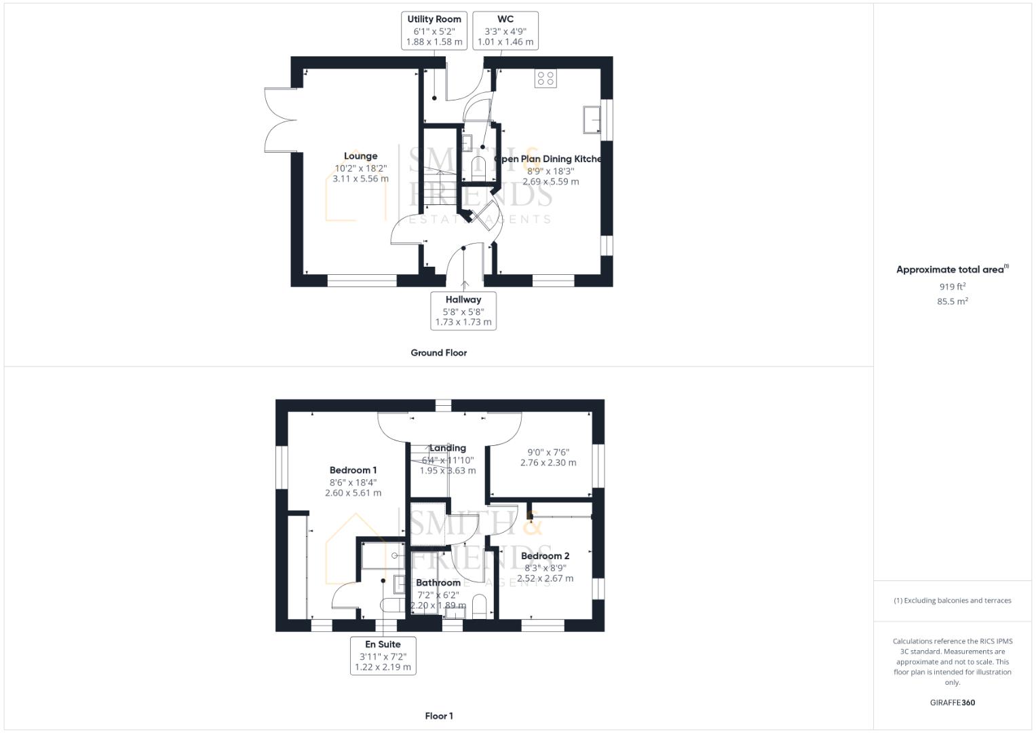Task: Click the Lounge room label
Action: point(360,156)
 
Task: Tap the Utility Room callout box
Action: point(434,31)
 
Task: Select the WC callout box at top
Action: point(505,31)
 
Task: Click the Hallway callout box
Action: point(463,311)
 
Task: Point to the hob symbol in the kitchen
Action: point(545,79)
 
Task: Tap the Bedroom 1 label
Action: point(353,470)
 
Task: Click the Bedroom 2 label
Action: point(545,556)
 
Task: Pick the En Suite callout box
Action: point(383,656)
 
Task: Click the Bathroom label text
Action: point(438,583)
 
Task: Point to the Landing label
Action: point(448,448)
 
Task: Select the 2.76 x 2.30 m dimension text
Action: point(548,463)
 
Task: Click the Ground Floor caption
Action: point(439,353)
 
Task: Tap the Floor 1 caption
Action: point(439,716)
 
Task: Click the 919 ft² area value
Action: point(953,287)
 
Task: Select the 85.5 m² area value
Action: point(953,301)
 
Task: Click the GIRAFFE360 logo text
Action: point(953,703)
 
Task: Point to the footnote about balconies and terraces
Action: point(953,601)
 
